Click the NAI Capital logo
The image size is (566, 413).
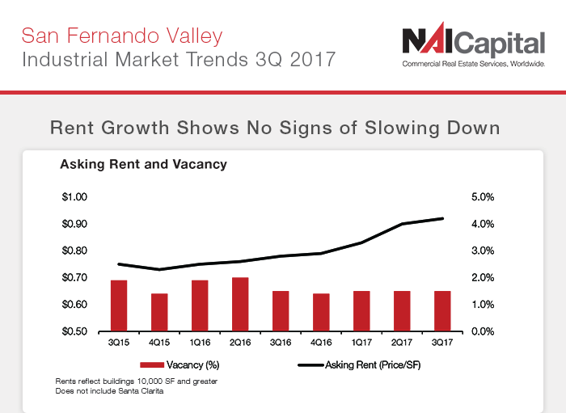474,44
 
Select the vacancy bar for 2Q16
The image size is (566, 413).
240,304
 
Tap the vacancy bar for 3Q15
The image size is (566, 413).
119,306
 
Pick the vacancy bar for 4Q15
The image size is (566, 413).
159,312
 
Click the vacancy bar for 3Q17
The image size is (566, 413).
442,311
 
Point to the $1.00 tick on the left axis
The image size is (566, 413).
74,197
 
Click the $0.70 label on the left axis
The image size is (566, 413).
74,278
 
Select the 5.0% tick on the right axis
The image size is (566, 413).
483,197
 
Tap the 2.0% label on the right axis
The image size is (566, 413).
483,278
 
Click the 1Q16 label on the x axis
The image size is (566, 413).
200,343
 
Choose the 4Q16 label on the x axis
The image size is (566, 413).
321,343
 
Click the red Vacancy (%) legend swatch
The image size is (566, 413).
152,365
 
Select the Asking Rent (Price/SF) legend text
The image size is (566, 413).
373,365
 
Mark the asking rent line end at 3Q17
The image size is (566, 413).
442,218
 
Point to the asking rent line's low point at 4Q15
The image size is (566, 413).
159,269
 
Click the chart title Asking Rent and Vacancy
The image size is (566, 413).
144,164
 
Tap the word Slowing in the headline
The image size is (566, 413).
402,128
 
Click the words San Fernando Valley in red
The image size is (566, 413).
122,36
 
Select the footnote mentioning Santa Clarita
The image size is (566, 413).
109,391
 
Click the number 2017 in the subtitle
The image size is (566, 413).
313,60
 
